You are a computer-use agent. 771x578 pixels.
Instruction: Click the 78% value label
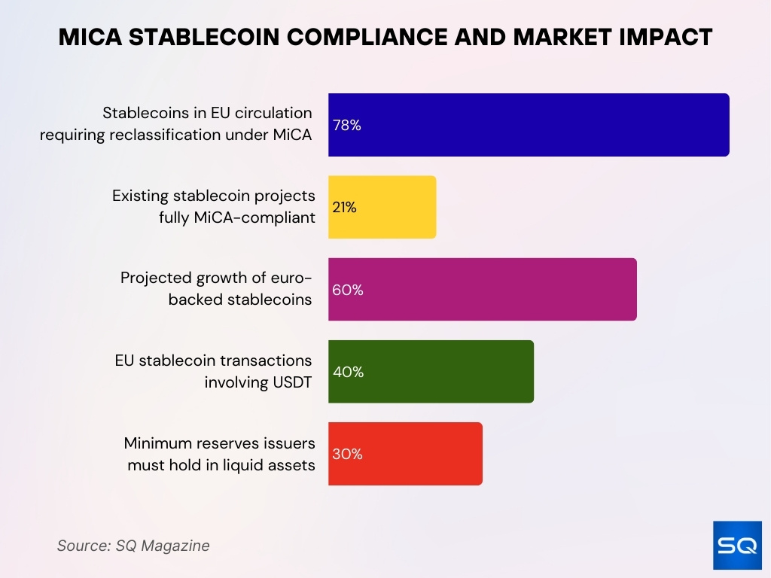click(x=347, y=126)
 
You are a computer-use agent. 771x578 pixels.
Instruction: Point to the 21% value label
click(x=345, y=208)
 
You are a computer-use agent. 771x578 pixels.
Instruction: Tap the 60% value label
click(x=348, y=290)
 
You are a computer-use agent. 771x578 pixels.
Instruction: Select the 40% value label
click(x=348, y=372)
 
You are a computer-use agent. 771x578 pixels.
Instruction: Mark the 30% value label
click(x=348, y=454)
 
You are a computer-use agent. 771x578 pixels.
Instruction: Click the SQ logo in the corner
click(x=737, y=546)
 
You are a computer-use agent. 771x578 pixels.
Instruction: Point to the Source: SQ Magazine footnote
click(x=133, y=546)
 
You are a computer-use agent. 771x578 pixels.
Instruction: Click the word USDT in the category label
click(x=289, y=382)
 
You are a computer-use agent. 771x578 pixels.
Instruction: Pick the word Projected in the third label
click(x=154, y=278)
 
